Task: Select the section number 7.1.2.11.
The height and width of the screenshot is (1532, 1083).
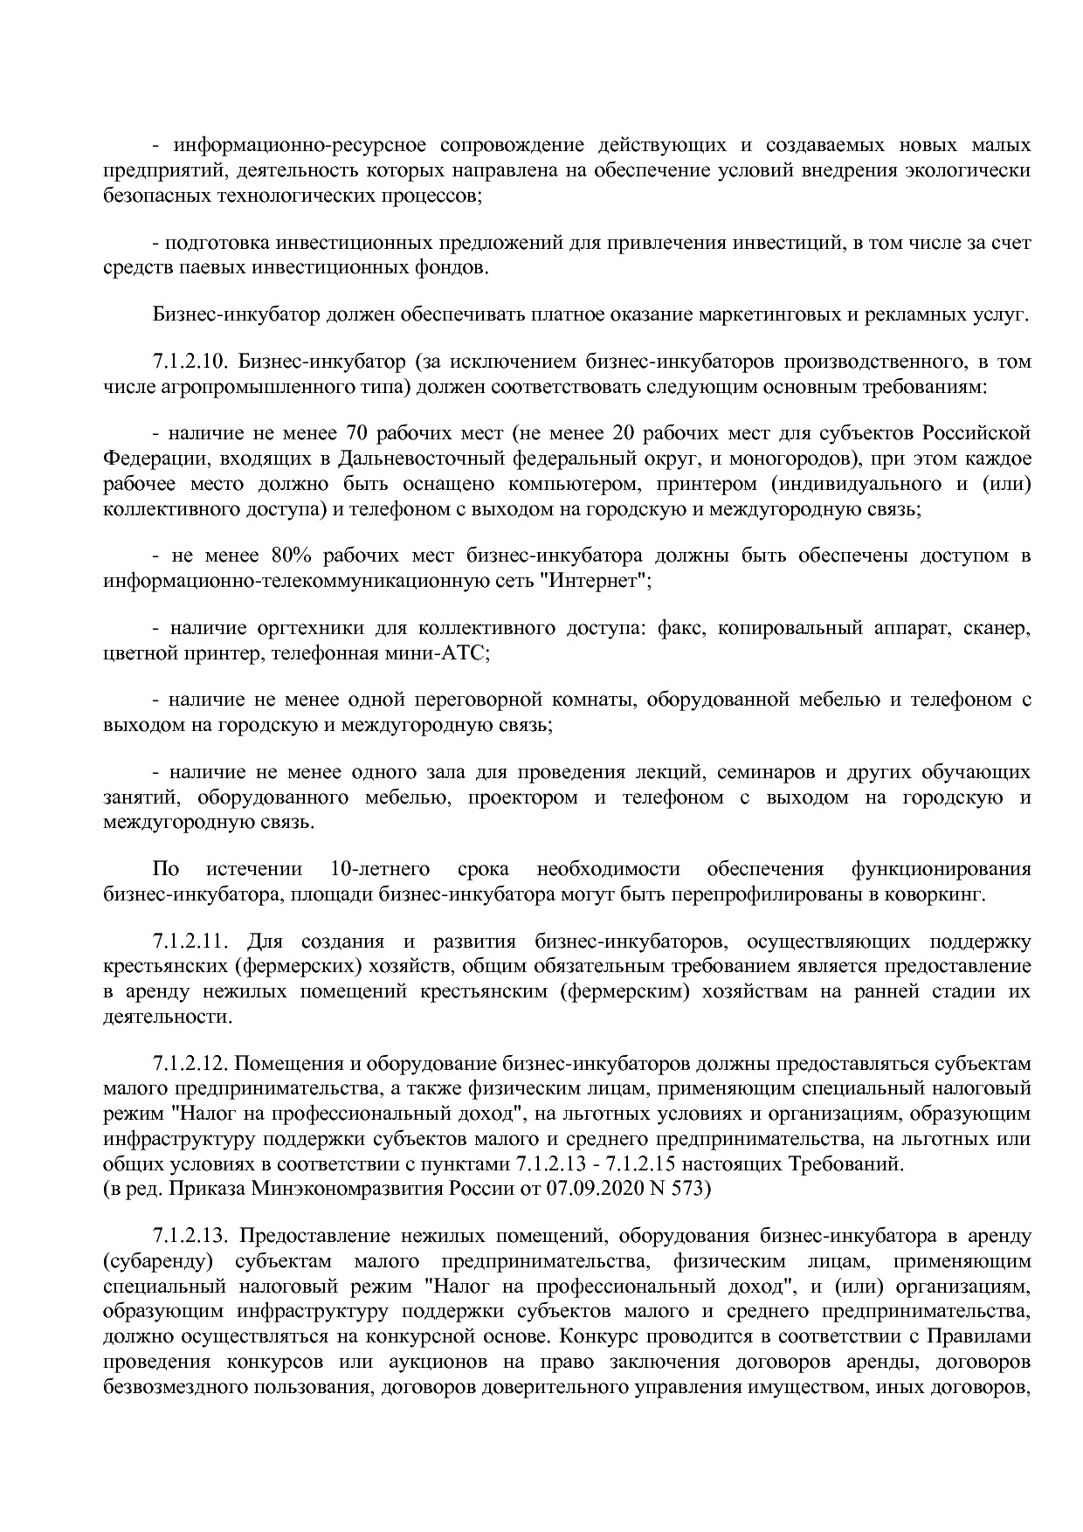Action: [x=189, y=941]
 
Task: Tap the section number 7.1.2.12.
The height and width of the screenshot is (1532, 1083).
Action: [x=189, y=1064]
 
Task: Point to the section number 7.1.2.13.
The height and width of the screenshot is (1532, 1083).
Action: [x=189, y=1236]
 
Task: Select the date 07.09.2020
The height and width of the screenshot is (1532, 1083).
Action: [x=592, y=1189]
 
